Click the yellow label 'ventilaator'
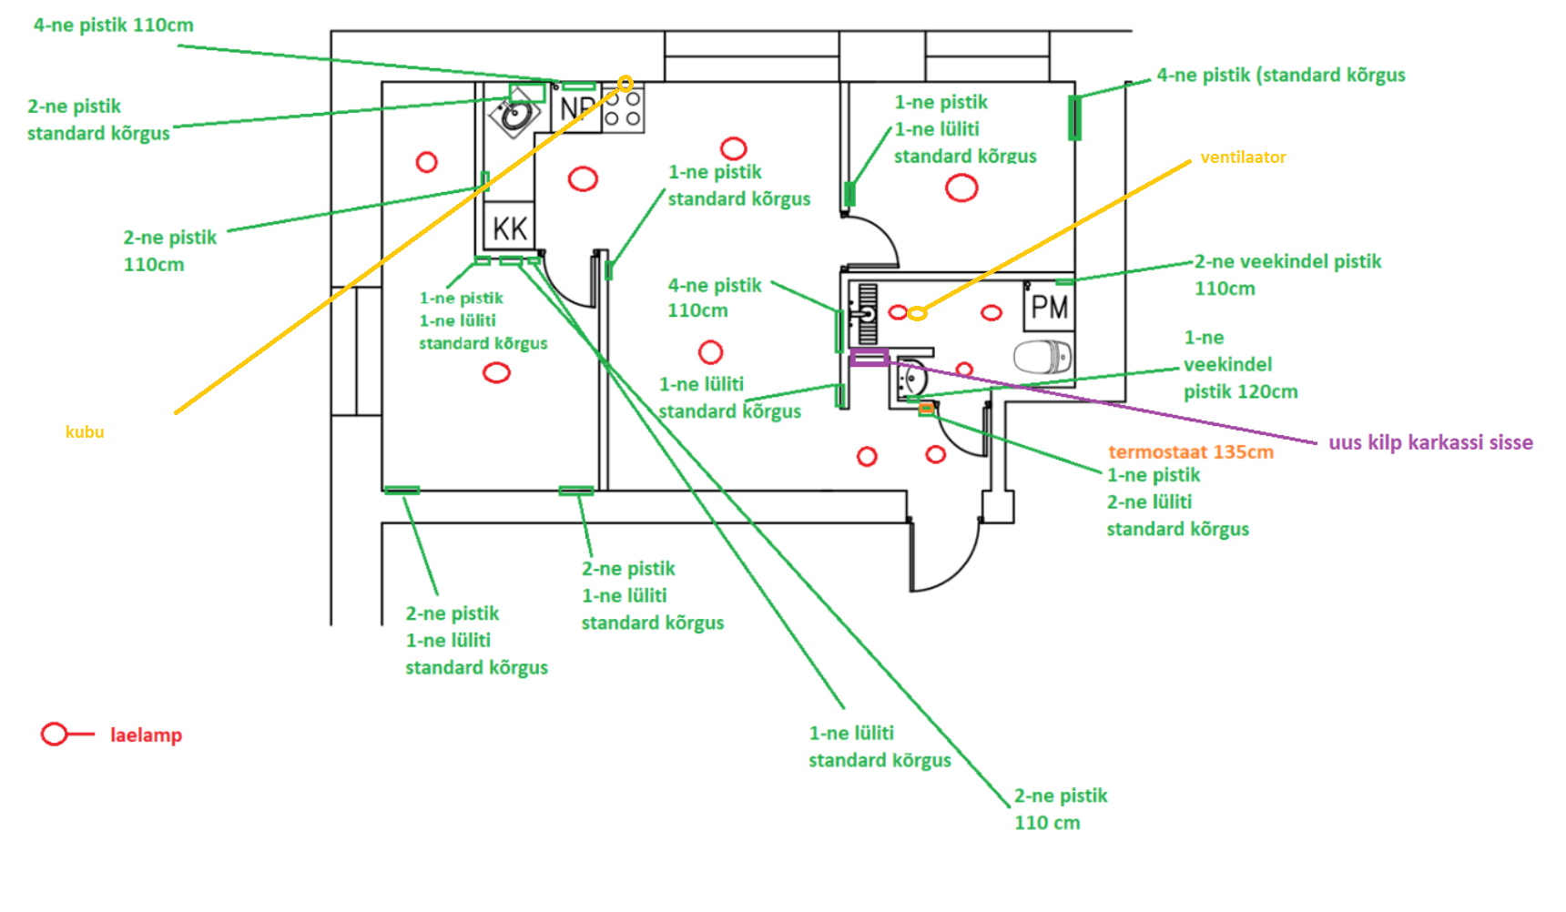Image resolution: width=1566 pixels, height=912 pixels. pos(1243,157)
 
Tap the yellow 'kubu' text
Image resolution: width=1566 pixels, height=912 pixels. pos(85,432)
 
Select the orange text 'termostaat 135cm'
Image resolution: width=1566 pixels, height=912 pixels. pos(1191,452)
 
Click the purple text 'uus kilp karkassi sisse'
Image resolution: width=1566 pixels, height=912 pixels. pos(1430,443)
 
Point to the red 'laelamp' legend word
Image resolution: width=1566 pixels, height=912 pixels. pos(146,735)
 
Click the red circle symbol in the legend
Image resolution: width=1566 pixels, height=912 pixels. pos(55,734)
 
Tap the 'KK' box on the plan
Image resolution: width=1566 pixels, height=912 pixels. pos(510,228)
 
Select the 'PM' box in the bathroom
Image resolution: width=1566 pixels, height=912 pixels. pos(1048,307)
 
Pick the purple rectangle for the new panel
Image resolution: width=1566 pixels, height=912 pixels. pos(869,358)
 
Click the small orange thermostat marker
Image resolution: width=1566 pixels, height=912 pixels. pos(926,409)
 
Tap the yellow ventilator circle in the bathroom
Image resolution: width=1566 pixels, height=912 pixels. pos(917,313)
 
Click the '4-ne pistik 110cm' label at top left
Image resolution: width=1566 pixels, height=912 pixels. pos(114,25)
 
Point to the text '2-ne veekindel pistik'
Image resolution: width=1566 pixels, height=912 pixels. pos(1287,262)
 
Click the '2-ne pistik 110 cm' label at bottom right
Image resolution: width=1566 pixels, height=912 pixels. pos(1061,809)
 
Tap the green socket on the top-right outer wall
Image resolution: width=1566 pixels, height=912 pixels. pos(1074,117)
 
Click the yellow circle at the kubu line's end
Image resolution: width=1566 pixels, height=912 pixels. pos(625,84)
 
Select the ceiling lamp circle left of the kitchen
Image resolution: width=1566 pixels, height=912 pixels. pos(426,162)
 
